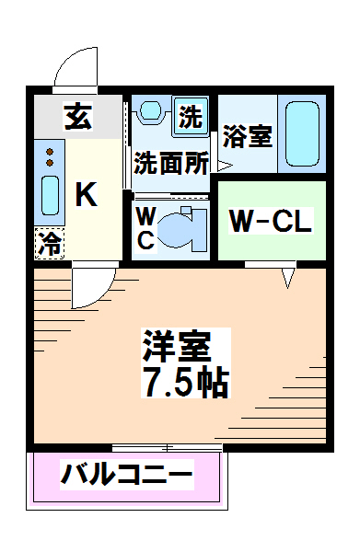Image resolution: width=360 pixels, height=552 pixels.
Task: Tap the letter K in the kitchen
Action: [x=85, y=194]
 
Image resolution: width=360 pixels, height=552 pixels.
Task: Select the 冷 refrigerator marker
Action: [x=50, y=243]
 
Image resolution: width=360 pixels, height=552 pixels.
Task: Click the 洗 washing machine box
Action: [x=190, y=117]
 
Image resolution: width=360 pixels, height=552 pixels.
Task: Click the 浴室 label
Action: [x=248, y=137]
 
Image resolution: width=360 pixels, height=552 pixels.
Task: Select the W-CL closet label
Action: [x=271, y=221]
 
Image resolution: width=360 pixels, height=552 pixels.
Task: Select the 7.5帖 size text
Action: [x=184, y=381]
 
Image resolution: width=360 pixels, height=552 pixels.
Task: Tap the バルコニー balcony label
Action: [x=127, y=477]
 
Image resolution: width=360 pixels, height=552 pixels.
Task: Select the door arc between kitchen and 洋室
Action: [x=92, y=287]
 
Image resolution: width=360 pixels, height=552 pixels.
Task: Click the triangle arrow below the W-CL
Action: [x=288, y=275]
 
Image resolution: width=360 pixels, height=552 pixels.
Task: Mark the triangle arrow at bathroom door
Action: [x=224, y=165]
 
